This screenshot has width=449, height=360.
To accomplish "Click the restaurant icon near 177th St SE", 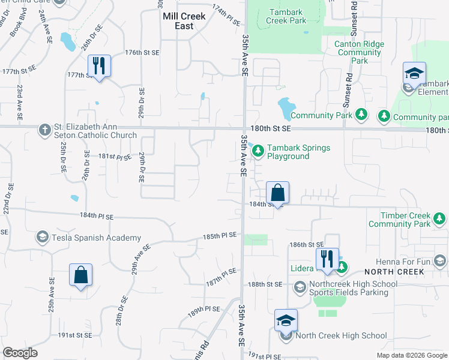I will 99,66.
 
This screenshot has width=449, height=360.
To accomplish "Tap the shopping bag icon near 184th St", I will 277,193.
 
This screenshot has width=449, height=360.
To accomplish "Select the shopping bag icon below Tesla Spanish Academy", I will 80,275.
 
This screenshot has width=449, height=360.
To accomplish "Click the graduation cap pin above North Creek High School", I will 286,321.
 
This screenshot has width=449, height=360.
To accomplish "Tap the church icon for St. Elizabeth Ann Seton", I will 44,130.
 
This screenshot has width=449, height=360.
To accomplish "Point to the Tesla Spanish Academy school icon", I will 43,238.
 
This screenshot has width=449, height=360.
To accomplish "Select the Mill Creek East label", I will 184,21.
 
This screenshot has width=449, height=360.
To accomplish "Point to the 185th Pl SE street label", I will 220,236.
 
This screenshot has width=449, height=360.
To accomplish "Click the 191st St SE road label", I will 75,335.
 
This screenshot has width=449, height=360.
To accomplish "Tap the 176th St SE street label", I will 142,53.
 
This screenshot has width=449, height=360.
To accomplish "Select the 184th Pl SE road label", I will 96,215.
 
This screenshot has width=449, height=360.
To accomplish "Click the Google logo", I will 20,353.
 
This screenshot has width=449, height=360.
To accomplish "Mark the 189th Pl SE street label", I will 203,309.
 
